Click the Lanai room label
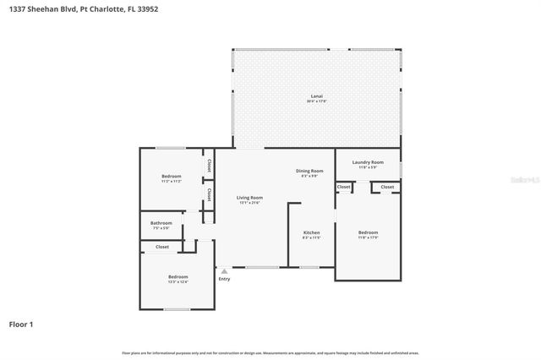[x=316, y=97]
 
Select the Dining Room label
[x=309, y=172]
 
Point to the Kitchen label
[x=311, y=234]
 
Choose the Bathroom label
[x=161, y=225]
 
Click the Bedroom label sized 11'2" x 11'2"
[x=172, y=177]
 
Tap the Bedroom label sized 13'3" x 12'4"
[x=178, y=279]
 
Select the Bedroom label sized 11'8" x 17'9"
[x=368, y=234]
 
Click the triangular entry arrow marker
[x=224, y=271]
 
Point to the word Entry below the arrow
[x=224, y=279]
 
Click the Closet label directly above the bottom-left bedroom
[x=161, y=247]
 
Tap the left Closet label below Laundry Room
[x=344, y=187]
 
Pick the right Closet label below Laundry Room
[x=387, y=187]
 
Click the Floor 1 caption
[x=21, y=324]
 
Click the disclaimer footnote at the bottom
[x=270, y=352]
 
